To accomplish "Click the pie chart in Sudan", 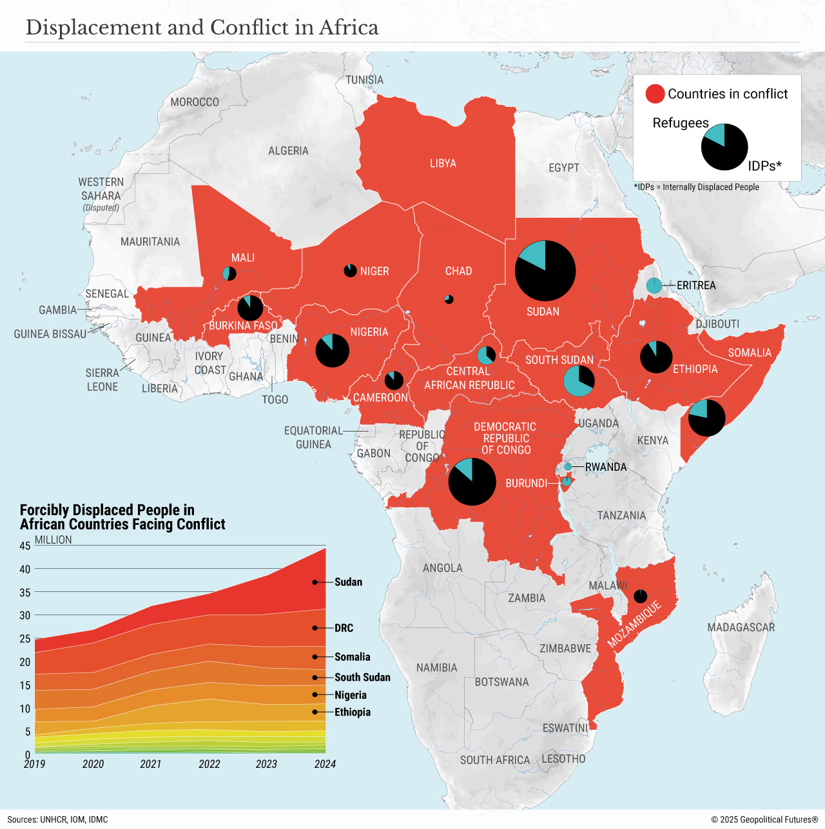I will (545, 271).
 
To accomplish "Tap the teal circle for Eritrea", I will (654, 285).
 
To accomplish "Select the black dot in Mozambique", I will (640, 596).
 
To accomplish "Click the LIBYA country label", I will (443, 164).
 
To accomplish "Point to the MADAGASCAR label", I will (741, 627).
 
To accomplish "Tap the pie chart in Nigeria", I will (332, 350).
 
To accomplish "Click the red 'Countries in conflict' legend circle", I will (655, 94).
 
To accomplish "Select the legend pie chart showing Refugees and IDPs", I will (724, 147).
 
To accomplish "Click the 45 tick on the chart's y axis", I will (25, 546).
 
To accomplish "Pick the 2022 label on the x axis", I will (209, 765).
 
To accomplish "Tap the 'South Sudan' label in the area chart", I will (362, 678).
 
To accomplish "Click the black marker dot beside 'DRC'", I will (315, 628).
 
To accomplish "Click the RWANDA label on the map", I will (605, 467).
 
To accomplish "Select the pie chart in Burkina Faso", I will (250, 308).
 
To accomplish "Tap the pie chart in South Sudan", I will (579, 381).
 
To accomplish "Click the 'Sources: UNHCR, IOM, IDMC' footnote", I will (58, 820).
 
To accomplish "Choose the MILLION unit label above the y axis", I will (53, 540).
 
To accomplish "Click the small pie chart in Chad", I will (449, 300).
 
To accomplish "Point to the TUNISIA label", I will (364, 80).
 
